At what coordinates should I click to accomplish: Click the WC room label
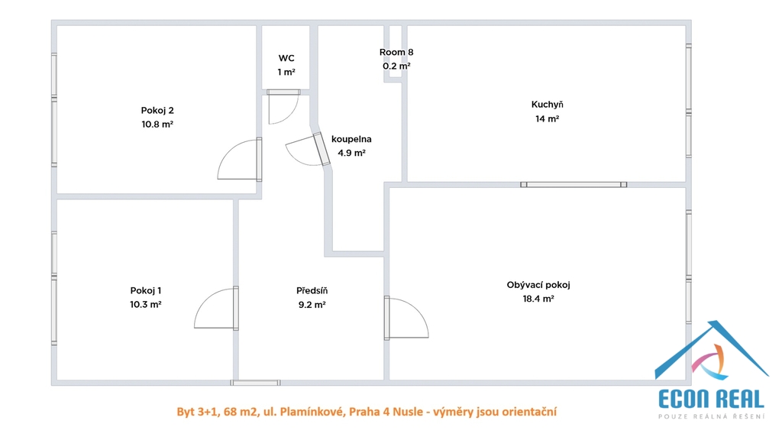(x=286, y=58)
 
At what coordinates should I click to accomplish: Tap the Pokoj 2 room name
(x=157, y=110)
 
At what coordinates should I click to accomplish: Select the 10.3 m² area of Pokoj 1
(x=146, y=304)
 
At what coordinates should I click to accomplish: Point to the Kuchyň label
(x=547, y=104)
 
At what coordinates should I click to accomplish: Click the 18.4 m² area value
(x=538, y=299)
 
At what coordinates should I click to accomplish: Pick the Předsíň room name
(x=312, y=290)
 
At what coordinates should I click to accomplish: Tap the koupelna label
(x=351, y=139)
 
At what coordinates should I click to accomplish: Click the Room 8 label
(x=396, y=52)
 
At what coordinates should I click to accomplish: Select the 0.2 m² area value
(x=396, y=66)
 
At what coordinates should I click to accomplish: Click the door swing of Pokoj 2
(x=239, y=160)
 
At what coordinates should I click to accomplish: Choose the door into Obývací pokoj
(x=406, y=319)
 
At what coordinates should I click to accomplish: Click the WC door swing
(x=283, y=107)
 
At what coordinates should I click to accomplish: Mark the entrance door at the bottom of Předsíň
(x=255, y=383)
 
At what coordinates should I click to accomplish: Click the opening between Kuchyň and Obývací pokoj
(x=574, y=185)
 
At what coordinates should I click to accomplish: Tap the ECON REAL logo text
(x=711, y=399)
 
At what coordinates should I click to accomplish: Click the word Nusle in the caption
(x=407, y=412)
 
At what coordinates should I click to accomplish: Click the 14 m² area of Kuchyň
(x=547, y=118)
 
